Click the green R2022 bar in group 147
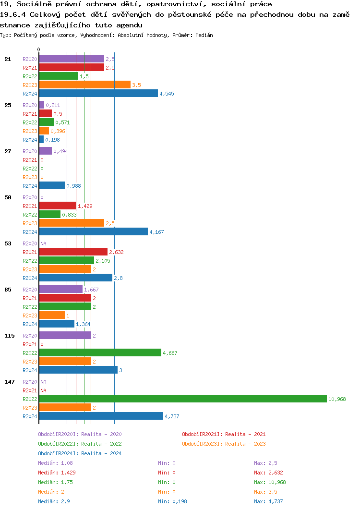182,399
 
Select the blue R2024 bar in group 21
98,94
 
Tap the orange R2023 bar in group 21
84,85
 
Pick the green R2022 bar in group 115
100,353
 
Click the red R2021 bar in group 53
73,252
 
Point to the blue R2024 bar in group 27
52,186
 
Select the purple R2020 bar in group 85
60,290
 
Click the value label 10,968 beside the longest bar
337,399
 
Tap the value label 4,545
167,94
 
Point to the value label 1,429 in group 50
85,206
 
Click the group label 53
8,243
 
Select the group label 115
10,336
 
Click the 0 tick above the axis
39,49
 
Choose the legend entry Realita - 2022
80,444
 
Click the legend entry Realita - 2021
224,434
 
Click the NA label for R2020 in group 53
43,243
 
